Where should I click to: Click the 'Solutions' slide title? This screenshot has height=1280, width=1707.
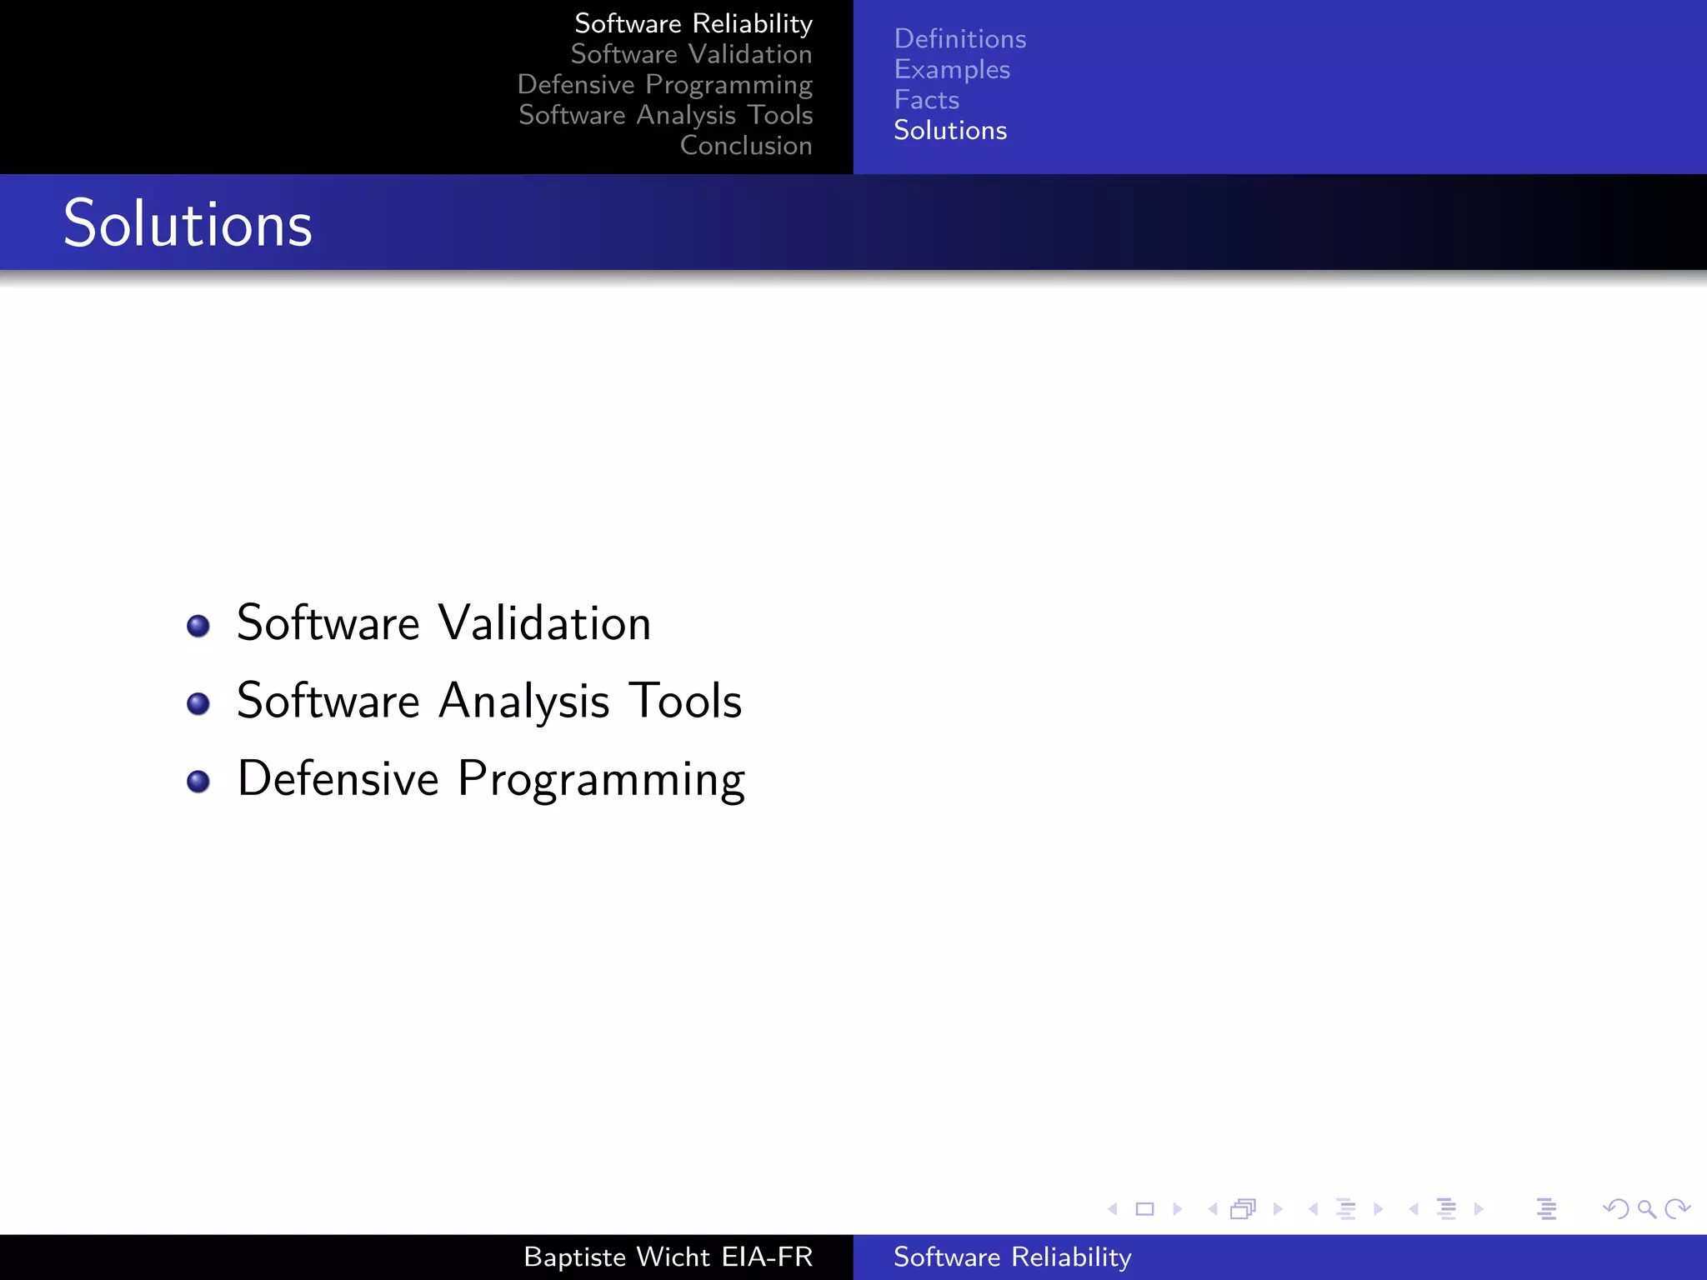point(188,224)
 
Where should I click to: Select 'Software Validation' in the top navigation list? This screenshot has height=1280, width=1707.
point(691,54)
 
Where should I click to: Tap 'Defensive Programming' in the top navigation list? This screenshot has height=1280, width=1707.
point(664,84)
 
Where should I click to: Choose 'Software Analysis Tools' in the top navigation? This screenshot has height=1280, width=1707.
point(665,115)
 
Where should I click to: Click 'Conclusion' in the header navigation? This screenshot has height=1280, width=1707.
point(745,146)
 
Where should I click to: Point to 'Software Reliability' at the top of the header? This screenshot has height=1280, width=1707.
point(693,23)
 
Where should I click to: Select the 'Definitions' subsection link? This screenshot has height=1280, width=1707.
point(959,39)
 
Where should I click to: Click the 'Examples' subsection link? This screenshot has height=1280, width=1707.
point(951,70)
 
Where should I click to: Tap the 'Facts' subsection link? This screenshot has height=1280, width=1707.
point(926,100)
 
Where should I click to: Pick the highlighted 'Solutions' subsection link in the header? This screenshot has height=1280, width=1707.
point(949,131)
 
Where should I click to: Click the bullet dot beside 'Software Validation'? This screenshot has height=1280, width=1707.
point(198,626)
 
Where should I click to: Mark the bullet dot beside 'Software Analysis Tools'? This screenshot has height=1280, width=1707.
point(198,703)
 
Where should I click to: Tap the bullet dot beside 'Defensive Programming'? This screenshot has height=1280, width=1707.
point(198,781)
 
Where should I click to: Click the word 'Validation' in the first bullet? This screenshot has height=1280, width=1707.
point(544,623)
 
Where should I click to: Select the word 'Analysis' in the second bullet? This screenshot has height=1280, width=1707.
point(523,702)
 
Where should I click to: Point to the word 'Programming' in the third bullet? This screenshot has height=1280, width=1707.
point(601,780)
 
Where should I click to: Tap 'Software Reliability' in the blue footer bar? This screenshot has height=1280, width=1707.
point(1012,1257)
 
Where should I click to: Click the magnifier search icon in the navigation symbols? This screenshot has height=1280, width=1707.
point(1646,1209)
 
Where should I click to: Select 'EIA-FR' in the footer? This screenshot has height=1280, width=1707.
point(767,1257)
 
